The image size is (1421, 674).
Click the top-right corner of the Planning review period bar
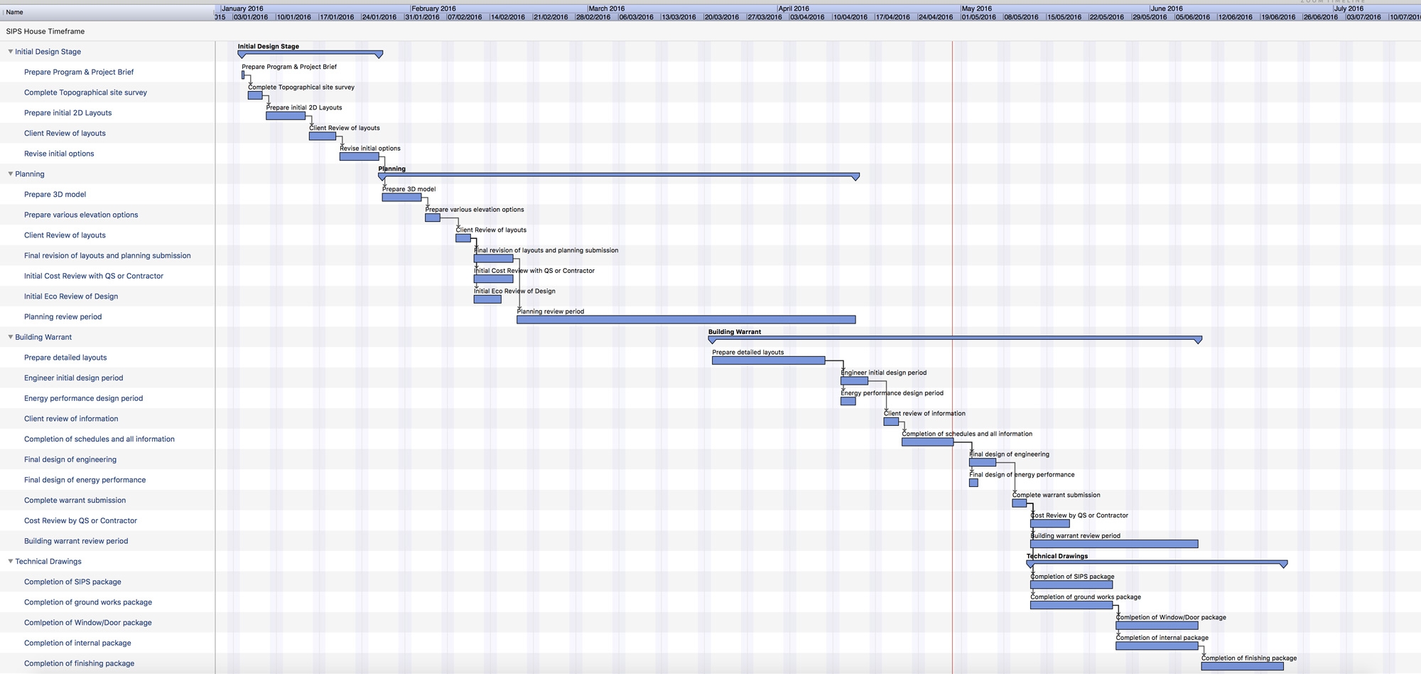pos(855,316)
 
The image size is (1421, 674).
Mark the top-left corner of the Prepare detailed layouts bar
pos(713,357)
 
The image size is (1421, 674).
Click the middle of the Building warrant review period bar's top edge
pos(1114,540)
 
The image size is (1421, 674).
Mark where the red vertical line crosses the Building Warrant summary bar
pos(952,338)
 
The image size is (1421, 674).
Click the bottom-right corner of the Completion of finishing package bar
pos(1283,670)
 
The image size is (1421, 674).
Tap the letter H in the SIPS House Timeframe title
pos(27,31)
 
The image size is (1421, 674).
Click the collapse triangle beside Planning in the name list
pos(11,173)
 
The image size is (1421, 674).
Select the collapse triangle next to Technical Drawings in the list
pos(11,561)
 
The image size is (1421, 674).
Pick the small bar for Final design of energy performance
pos(973,483)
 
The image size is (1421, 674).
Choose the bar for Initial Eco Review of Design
pos(487,299)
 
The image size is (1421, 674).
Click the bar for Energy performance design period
pos(848,401)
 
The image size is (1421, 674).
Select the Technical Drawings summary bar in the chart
pos(1157,563)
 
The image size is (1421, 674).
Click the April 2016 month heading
pos(794,9)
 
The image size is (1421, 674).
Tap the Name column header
pos(14,12)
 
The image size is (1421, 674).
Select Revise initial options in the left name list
pos(59,154)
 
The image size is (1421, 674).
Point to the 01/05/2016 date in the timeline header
pos(979,17)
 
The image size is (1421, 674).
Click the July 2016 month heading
pos(1349,9)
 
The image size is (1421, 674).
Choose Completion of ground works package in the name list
pos(88,602)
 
